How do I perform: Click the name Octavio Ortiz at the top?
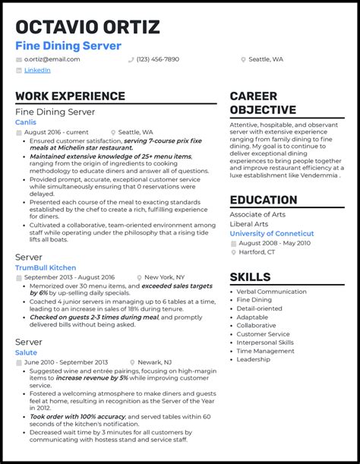87,27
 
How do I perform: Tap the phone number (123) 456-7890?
158,59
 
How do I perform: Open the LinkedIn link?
37,71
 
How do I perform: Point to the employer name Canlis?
25,122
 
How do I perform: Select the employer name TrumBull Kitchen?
46,267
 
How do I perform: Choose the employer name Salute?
25,352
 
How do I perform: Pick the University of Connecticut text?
271,233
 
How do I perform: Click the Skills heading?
250,277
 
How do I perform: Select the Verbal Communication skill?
271,291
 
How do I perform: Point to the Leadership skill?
254,359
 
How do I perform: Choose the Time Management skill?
267,351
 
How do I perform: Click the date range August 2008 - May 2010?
275,243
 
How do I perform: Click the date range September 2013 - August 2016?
69,278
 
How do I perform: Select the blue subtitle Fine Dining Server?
68,46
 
